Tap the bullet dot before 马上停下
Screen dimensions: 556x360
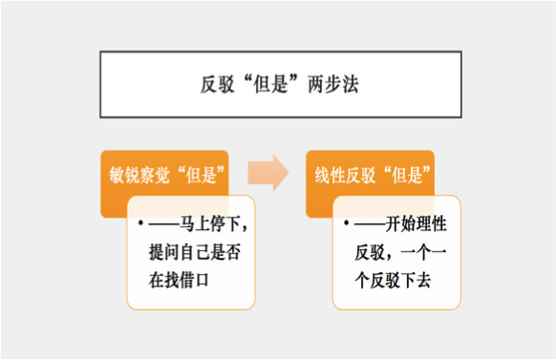coord(139,225)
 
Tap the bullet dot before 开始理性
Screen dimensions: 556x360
coord(347,225)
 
